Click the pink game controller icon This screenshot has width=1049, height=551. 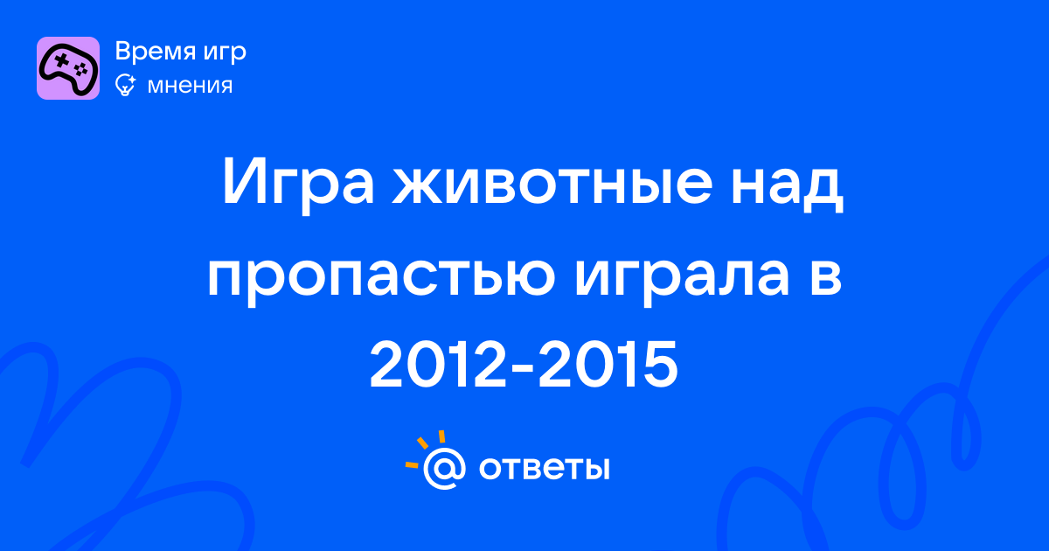(x=68, y=68)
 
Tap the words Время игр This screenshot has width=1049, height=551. (x=180, y=51)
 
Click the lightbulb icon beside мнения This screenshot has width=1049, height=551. (x=125, y=85)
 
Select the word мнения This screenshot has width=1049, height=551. (x=190, y=86)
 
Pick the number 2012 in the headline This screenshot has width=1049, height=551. (x=438, y=365)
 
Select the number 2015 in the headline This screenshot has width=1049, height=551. (x=608, y=365)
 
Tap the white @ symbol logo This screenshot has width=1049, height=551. (x=444, y=468)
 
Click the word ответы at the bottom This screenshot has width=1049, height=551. (x=544, y=468)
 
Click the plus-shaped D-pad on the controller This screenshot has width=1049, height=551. (x=61, y=60)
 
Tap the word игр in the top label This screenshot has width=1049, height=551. (x=225, y=53)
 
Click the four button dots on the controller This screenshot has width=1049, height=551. (x=81, y=70)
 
